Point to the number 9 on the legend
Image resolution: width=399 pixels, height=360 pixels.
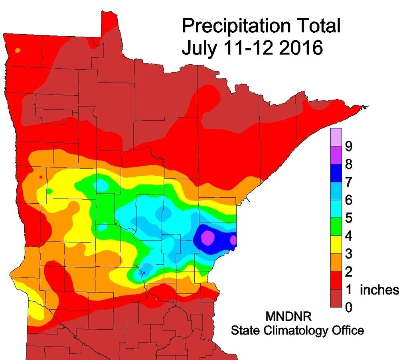click(x=348, y=147)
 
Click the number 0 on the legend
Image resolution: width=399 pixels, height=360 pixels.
click(x=348, y=307)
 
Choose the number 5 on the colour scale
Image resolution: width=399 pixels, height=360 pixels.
click(x=348, y=218)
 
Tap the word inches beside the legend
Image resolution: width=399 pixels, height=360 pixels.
click(x=379, y=290)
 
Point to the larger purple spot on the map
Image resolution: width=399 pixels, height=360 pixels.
click(x=207, y=238)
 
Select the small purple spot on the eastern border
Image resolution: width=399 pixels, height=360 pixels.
click(x=233, y=240)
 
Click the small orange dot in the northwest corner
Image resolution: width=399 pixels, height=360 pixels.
click(x=18, y=51)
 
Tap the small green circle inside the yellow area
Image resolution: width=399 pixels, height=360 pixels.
click(x=49, y=191)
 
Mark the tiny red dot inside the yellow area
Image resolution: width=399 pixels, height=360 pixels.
click(x=41, y=177)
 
